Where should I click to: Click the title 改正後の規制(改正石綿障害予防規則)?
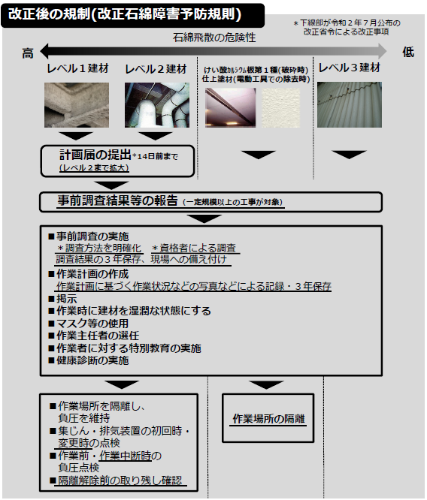point(125,14)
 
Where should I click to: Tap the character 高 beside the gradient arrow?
point(28,53)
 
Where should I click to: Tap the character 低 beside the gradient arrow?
point(408,52)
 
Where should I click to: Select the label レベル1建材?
point(77,68)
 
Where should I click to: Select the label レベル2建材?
point(156,69)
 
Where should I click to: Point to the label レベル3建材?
point(350,68)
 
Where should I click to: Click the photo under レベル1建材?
point(77,105)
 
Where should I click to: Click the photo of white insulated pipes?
point(157,105)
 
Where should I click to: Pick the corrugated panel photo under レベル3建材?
point(350,104)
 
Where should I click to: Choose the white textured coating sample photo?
point(280,108)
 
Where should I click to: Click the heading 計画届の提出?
point(95,155)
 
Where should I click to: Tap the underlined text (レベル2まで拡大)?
point(94,168)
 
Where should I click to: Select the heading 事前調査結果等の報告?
point(117,200)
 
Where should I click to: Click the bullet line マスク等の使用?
point(89,324)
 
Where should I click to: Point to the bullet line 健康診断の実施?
point(89,360)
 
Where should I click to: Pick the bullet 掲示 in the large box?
point(62,299)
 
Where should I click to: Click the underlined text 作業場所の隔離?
point(268,418)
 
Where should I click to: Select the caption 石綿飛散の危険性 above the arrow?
point(214,38)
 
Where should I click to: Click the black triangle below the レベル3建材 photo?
point(349,155)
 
